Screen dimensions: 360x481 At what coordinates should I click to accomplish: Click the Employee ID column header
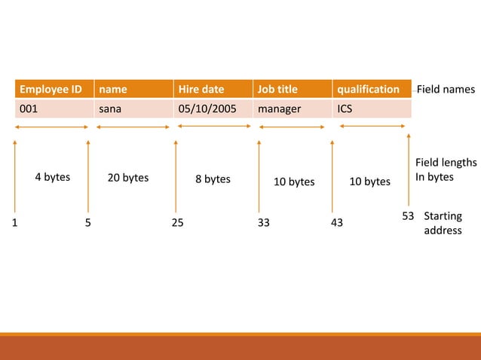coord(51,90)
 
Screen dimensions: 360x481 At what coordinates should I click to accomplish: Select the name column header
coord(133,90)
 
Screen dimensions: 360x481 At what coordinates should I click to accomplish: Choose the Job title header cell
coord(293,90)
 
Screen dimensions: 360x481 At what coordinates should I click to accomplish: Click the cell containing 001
coord(51,108)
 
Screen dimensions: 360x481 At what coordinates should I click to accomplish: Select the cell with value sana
coord(133,108)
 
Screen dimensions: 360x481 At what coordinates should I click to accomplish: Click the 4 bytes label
coord(53,178)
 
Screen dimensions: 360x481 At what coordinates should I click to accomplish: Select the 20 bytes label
coord(128,178)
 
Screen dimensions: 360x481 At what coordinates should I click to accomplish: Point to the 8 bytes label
coord(213,179)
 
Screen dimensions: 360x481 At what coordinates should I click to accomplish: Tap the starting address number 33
coord(263,223)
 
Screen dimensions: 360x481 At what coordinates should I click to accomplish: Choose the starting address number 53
coord(408,217)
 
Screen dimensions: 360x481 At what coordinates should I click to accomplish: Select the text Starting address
coord(443,223)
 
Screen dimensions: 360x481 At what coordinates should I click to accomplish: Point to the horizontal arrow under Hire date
coord(213,127)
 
